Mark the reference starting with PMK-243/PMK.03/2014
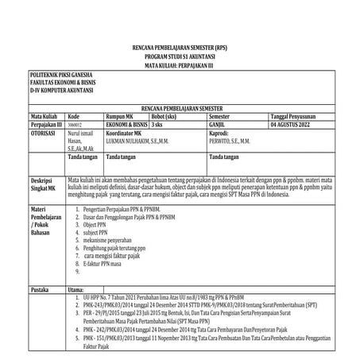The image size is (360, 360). (x=199, y=304)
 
